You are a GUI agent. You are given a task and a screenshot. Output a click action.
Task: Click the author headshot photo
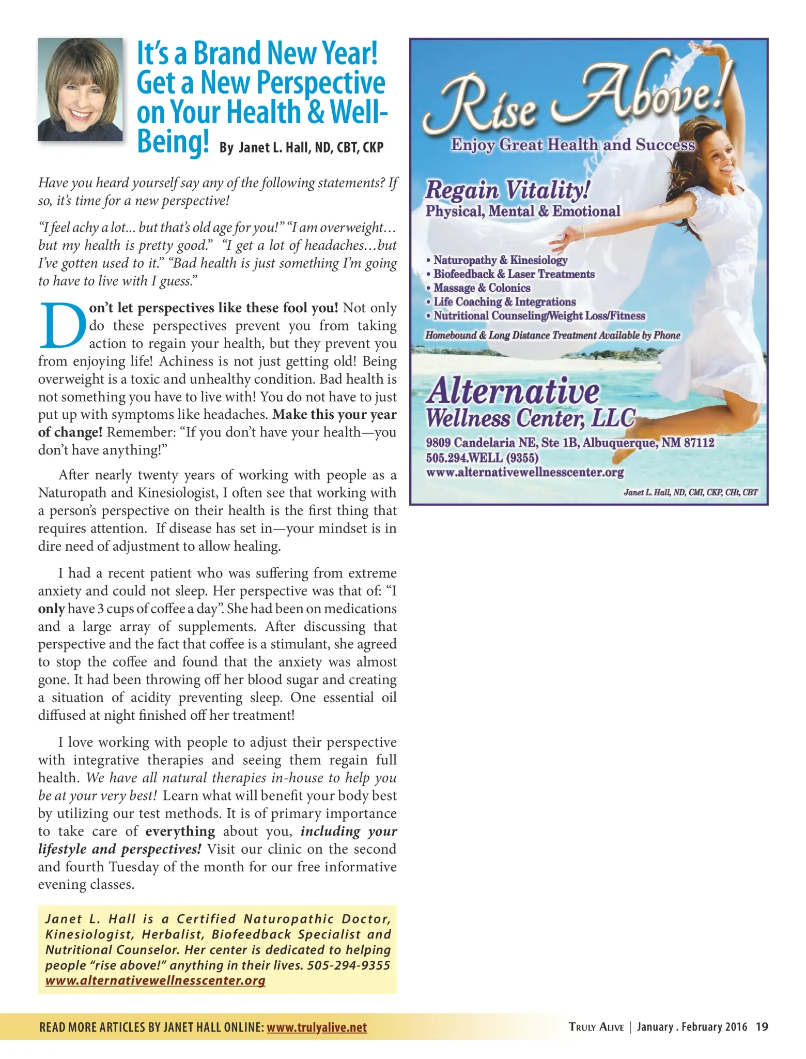80,89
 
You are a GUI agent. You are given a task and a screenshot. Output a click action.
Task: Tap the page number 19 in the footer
762,1026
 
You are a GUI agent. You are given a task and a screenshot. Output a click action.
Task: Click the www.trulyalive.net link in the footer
316,1027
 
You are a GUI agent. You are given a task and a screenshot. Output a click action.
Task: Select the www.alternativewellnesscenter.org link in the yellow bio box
155,980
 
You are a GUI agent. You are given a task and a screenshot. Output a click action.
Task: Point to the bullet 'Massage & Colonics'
482,288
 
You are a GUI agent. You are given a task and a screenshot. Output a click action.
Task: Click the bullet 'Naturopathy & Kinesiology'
500,260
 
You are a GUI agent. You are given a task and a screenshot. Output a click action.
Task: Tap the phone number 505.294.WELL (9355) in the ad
482,458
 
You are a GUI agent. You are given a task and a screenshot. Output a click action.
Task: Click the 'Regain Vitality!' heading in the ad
507,190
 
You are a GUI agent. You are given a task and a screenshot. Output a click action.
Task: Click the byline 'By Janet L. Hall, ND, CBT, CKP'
301,147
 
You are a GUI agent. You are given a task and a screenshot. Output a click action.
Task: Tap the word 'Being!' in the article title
173,141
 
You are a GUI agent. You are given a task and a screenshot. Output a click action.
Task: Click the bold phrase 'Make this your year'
335,415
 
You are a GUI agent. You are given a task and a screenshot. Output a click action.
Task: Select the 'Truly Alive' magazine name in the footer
596,1027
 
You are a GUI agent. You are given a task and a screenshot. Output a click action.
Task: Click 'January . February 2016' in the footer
692,1026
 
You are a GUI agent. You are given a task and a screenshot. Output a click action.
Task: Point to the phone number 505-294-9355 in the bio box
349,965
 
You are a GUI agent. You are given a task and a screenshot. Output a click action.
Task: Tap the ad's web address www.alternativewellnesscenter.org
525,472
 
